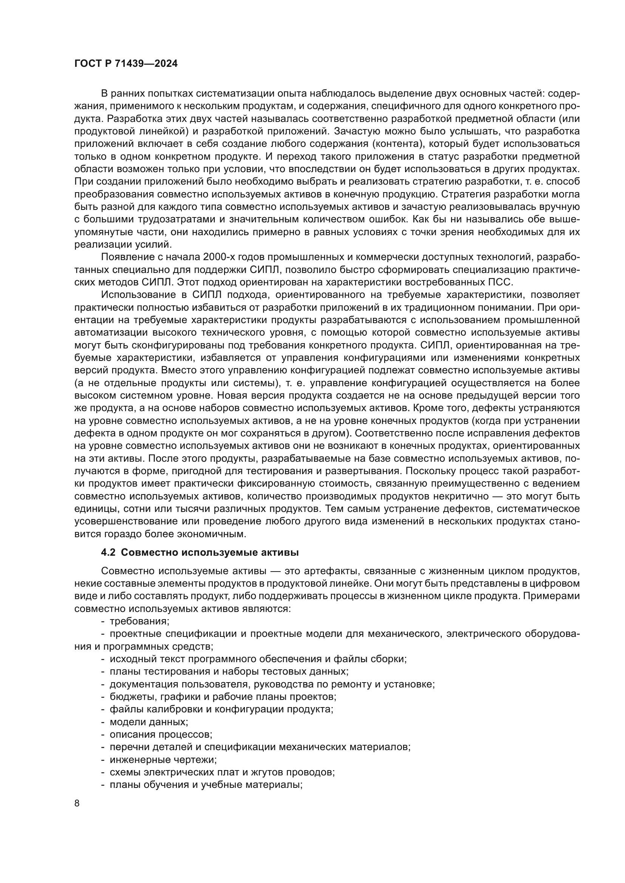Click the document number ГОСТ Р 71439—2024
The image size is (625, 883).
(x=126, y=64)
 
